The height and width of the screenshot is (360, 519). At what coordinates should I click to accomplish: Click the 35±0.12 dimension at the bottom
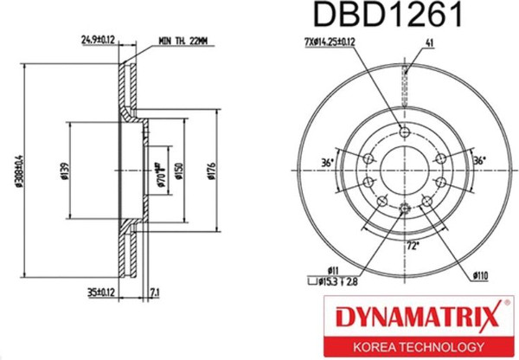tap(99, 292)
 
